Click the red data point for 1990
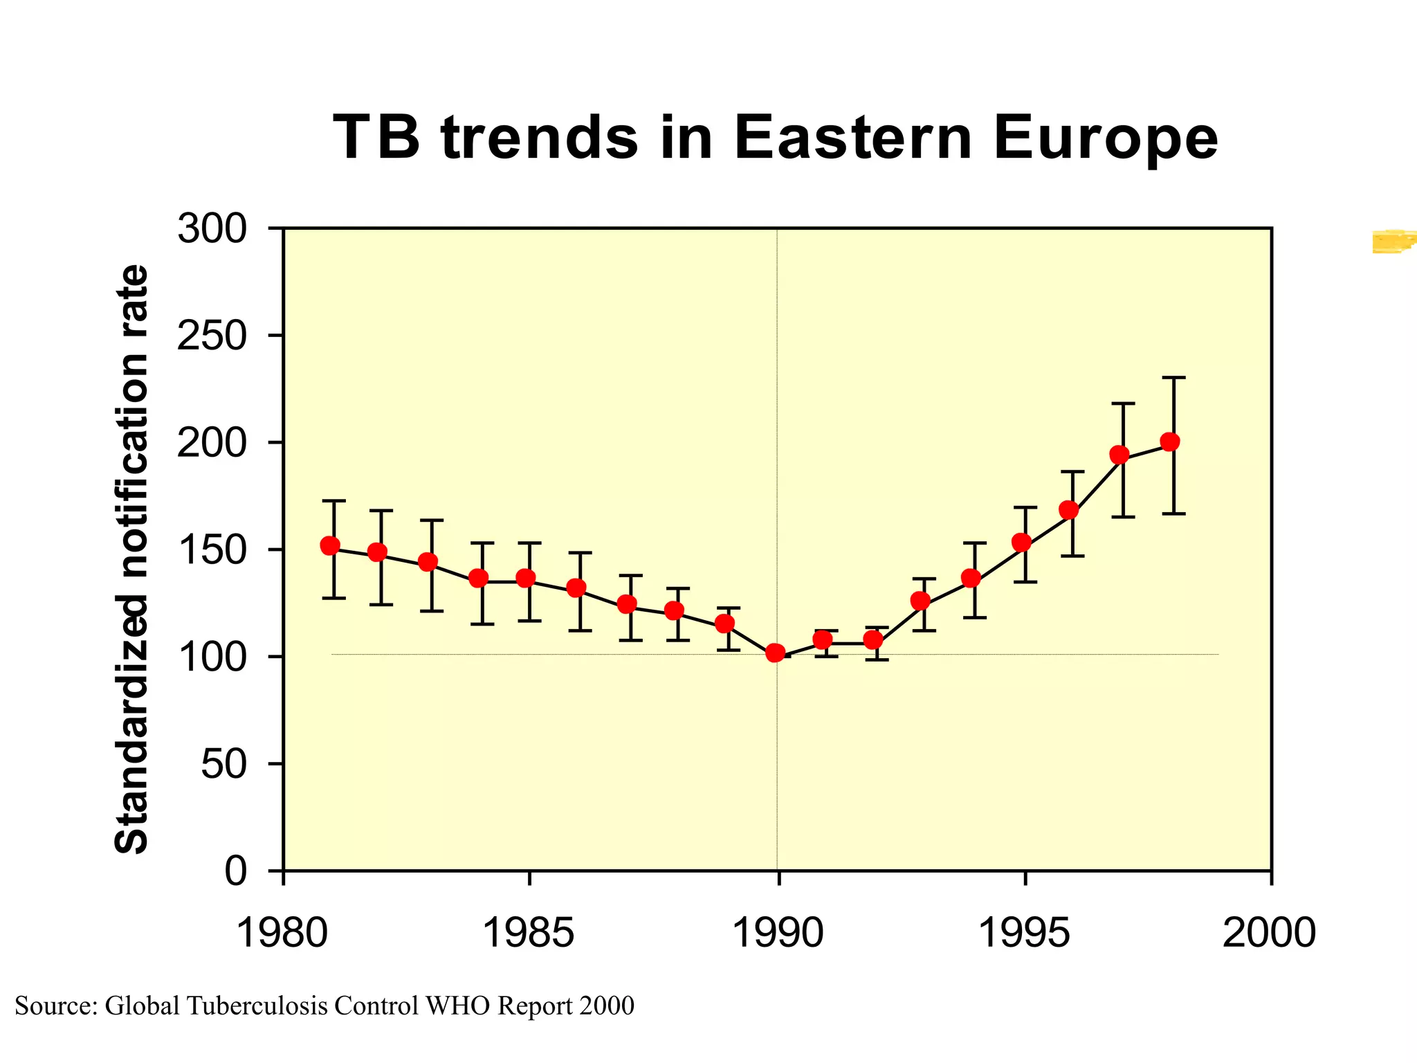[x=776, y=653]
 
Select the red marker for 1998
[x=1170, y=442]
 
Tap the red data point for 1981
[x=331, y=546]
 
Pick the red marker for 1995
[x=1021, y=542]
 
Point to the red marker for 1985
[x=527, y=578]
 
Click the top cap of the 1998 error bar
[x=1174, y=378]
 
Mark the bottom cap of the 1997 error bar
[x=1123, y=517]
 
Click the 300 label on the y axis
[x=212, y=229]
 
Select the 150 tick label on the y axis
[x=212, y=551]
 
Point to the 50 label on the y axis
[x=223, y=765]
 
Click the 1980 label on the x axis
[x=282, y=932]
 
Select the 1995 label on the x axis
[x=1023, y=932]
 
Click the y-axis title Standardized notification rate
[x=131, y=559]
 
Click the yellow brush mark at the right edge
[x=1394, y=241]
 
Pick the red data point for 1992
[x=873, y=639]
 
